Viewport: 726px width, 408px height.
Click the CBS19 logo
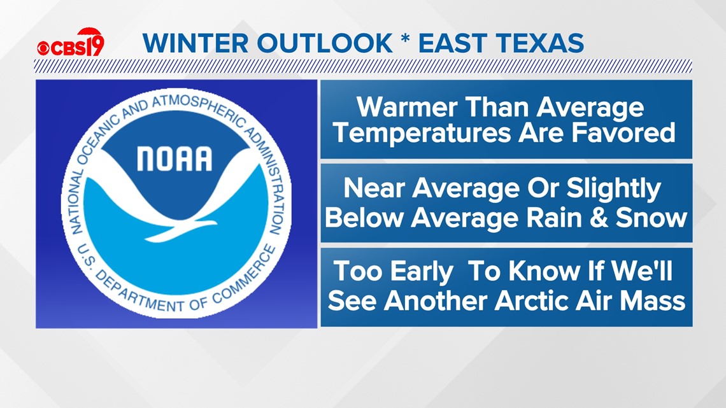(x=71, y=43)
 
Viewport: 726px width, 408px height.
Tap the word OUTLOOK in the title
(x=325, y=43)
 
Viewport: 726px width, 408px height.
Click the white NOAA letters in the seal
(x=174, y=158)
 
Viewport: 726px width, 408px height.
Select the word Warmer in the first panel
(x=408, y=108)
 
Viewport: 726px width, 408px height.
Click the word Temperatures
(x=422, y=133)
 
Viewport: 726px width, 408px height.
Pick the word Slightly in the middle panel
(x=613, y=190)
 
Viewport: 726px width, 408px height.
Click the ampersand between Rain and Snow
(x=598, y=218)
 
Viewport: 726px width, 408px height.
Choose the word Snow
(x=651, y=218)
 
